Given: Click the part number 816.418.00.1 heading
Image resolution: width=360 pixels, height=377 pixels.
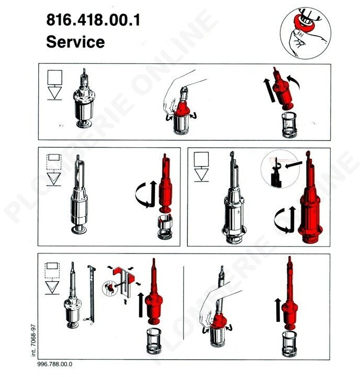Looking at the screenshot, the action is tap(93, 20).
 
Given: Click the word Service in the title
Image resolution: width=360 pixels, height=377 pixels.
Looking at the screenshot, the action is tap(75, 41).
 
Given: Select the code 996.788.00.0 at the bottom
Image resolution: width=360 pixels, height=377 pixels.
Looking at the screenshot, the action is tap(55, 364).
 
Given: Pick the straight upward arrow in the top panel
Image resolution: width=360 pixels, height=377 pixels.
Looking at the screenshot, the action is tap(269, 91).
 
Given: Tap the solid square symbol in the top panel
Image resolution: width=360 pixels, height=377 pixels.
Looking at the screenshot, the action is tap(55, 77).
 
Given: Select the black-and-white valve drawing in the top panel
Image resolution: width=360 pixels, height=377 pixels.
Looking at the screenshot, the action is tap(84, 99).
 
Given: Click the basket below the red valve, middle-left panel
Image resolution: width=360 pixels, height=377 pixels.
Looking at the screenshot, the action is tap(165, 227).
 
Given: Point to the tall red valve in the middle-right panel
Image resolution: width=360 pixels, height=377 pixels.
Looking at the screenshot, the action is tap(309, 197).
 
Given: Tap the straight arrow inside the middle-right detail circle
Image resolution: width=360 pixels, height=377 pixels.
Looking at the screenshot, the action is tap(294, 164).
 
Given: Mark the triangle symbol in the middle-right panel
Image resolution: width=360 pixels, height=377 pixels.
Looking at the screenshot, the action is tap(201, 174).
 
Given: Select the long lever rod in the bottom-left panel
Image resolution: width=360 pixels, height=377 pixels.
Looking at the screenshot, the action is tap(91, 295).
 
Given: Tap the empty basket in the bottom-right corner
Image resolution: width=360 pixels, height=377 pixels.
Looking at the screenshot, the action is tap(289, 343).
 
